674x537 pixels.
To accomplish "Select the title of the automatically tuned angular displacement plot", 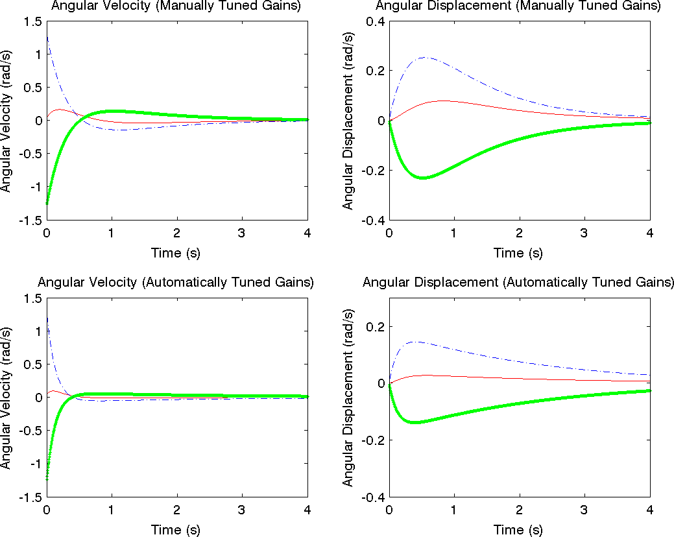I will point(518,282).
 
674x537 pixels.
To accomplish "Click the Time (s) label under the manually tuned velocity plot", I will point(176,252).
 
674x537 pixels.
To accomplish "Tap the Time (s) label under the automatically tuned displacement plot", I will point(518,530).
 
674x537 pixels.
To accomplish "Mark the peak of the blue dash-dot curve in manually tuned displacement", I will point(426,58).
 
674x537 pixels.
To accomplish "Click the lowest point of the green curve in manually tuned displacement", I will point(423,178).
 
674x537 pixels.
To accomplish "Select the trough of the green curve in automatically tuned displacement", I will point(414,422).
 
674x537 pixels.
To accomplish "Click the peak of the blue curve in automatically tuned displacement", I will point(414,341).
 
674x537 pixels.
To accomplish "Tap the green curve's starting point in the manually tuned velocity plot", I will point(47,204).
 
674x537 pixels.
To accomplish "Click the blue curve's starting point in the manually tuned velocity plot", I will point(47,38).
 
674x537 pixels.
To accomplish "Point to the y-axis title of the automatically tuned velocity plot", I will point(6,398).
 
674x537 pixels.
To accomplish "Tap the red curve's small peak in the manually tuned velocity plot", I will point(60,109).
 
